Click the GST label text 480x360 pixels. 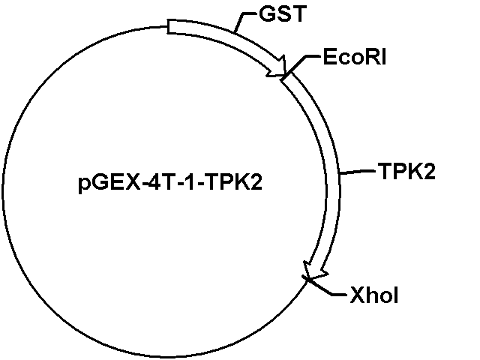(x=283, y=13)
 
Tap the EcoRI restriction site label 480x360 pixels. (x=355, y=57)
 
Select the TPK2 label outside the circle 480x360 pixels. (x=406, y=171)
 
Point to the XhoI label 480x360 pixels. (x=373, y=295)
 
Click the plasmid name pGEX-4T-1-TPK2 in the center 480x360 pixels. (x=170, y=182)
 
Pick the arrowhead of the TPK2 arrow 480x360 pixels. (x=315, y=271)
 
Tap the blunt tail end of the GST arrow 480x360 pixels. (x=168, y=27)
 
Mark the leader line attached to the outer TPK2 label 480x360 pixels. (x=358, y=172)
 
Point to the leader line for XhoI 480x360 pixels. (x=325, y=286)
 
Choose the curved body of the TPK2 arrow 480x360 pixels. (x=332, y=172)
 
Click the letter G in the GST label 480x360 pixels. (x=267, y=13)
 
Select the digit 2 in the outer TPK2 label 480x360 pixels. (x=428, y=171)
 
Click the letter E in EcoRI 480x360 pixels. (x=329, y=57)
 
